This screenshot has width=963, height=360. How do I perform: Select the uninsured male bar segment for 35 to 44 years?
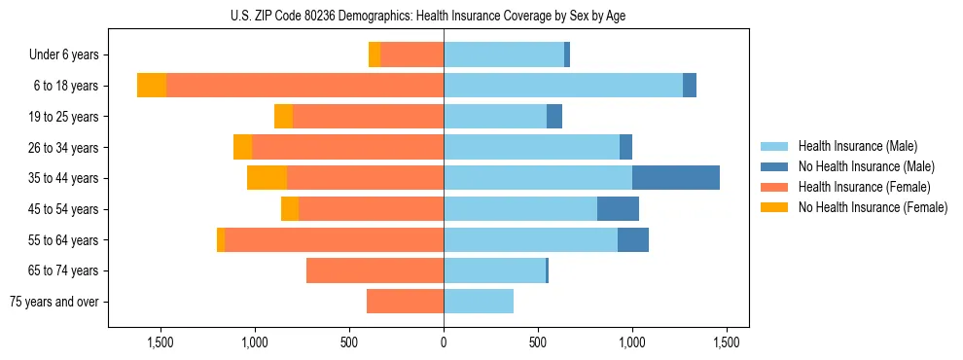click(675, 178)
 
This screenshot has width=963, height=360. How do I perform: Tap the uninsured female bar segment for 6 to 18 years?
click(152, 86)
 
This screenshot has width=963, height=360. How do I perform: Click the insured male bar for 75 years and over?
click(479, 302)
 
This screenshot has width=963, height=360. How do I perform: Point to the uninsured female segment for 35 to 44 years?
click(267, 178)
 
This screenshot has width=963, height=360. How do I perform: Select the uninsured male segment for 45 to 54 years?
click(618, 209)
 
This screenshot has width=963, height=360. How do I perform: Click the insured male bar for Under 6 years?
click(504, 54)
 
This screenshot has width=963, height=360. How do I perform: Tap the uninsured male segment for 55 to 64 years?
click(632, 239)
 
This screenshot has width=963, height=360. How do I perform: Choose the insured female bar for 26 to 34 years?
click(347, 147)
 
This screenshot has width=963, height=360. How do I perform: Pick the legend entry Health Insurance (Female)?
click(864, 187)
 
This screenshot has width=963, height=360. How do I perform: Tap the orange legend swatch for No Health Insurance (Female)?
click(775, 207)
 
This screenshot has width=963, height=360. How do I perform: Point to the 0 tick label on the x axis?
click(444, 342)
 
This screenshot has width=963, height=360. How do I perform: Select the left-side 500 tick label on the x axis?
click(349, 342)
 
